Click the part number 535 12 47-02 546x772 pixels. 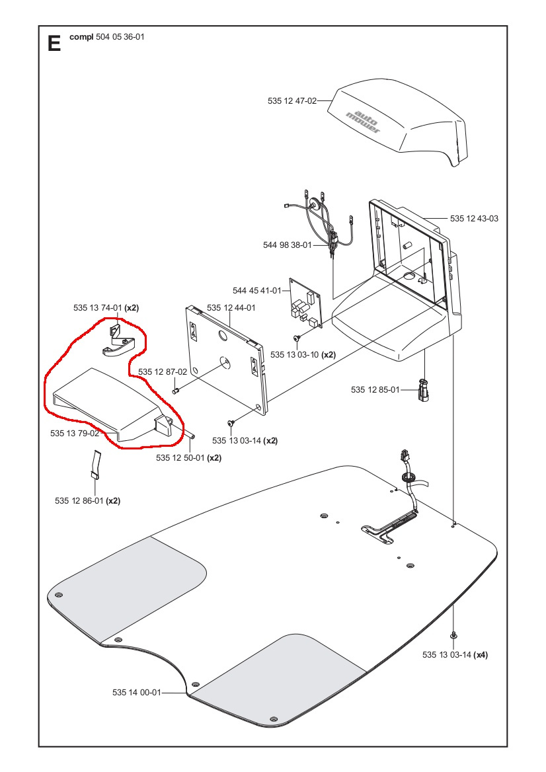point(292,101)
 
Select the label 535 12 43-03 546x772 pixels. point(474,218)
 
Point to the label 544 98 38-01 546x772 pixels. point(287,245)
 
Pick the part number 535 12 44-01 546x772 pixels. point(231,308)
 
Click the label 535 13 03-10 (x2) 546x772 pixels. point(303,355)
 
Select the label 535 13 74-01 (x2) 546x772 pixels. point(106,308)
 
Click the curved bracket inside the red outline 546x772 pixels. point(119,344)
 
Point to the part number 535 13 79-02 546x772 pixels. point(75,434)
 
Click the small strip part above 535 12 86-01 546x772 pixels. point(95,463)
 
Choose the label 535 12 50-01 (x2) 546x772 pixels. point(188,457)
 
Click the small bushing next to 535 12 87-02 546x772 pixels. point(176,390)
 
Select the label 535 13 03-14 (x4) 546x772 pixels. point(455,655)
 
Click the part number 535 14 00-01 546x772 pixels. point(136,693)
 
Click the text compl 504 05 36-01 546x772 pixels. point(106,37)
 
